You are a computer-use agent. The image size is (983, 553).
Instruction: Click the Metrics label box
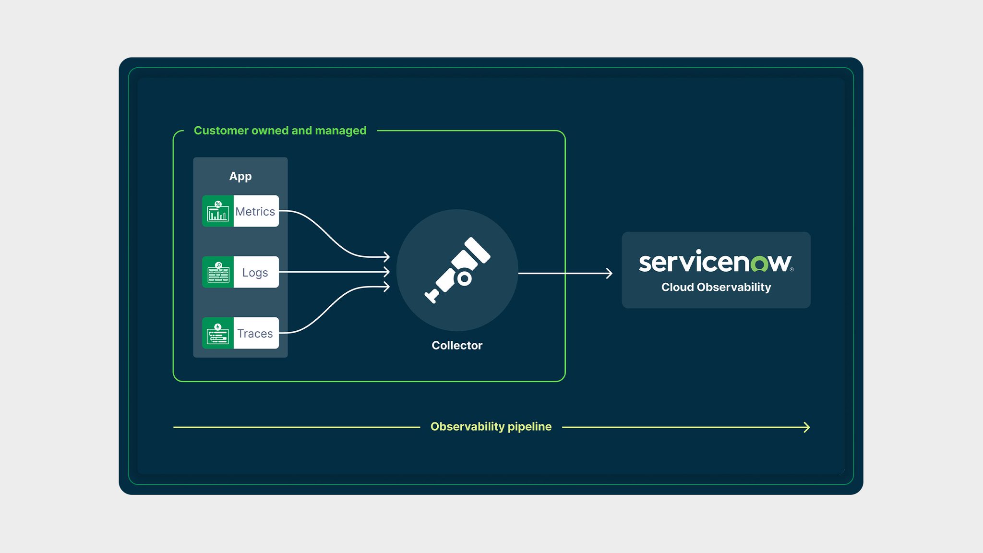click(x=255, y=211)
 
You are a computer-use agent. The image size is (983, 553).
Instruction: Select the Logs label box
click(x=255, y=272)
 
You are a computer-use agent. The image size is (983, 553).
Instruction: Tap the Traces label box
click(x=255, y=333)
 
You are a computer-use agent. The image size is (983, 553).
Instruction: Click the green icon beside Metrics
click(x=218, y=211)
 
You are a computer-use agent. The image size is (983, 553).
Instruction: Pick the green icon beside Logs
click(x=218, y=272)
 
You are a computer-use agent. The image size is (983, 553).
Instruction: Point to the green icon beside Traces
click(x=218, y=333)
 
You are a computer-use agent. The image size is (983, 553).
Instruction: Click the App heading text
click(x=240, y=176)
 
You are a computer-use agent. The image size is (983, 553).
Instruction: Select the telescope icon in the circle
click(x=457, y=270)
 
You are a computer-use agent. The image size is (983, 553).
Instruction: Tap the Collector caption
click(x=457, y=346)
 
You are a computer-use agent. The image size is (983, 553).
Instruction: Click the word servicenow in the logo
click(x=715, y=262)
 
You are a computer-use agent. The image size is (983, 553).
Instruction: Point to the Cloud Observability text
click(x=716, y=287)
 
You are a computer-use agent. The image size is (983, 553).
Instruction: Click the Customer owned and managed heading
click(x=280, y=131)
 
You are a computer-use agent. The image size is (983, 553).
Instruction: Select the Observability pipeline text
click(x=491, y=427)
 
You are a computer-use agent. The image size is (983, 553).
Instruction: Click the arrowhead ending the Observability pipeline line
click(x=807, y=427)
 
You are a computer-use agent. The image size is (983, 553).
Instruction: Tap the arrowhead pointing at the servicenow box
click(x=610, y=274)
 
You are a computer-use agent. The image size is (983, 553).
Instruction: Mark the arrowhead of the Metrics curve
click(x=387, y=257)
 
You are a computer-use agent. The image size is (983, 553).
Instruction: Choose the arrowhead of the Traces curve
click(x=387, y=287)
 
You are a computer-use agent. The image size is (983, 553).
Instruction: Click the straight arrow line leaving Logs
click(x=331, y=272)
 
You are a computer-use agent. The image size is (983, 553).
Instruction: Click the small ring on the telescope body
click(x=464, y=278)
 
